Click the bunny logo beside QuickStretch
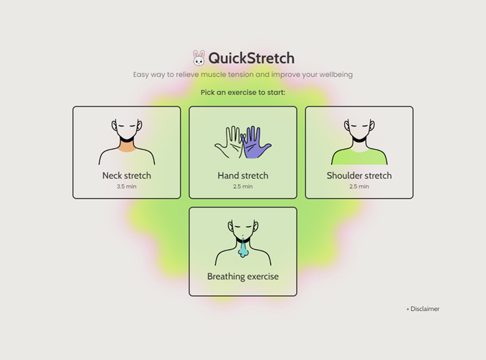[199, 58]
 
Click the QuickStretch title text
[251, 58]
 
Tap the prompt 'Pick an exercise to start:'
[243, 92]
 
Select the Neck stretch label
[127, 176]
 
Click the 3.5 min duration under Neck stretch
[127, 186]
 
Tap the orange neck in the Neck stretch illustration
[127, 147]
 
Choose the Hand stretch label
[243, 176]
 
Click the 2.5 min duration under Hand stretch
[243, 186]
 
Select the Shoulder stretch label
[359, 176]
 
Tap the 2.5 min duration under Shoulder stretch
[359, 186]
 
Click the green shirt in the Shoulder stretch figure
[359, 158]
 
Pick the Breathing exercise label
[243, 276]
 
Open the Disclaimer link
[423, 309]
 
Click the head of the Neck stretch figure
[127, 128]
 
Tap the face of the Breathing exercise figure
[243, 230]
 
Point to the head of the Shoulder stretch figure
[359, 128]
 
